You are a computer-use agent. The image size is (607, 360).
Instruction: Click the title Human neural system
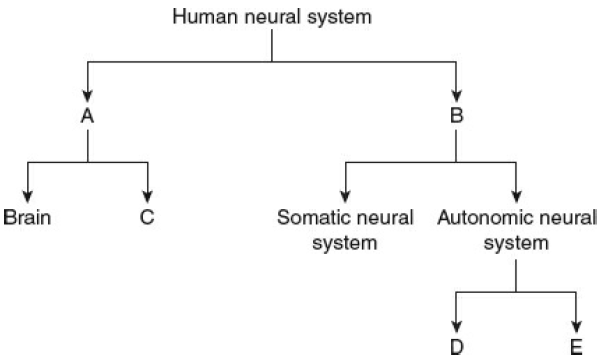point(272,16)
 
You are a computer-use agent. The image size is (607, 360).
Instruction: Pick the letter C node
point(147,216)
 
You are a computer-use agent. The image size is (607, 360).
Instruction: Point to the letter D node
point(456,349)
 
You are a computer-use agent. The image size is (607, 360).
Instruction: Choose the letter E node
point(577,349)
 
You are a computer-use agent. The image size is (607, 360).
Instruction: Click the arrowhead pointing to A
point(87,94)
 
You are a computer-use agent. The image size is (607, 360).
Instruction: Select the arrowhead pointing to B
point(456,94)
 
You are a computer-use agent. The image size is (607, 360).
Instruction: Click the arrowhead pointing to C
point(147,195)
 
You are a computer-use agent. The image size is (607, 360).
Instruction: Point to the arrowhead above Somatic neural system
point(346,195)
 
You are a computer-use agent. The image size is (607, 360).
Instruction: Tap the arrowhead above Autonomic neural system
point(516,195)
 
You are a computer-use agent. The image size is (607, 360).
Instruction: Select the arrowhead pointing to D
point(456,328)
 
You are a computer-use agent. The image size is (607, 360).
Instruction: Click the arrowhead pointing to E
point(577,328)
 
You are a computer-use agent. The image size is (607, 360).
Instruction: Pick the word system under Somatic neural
point(346,242)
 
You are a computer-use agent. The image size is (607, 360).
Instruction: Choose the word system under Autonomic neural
point(516,242)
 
